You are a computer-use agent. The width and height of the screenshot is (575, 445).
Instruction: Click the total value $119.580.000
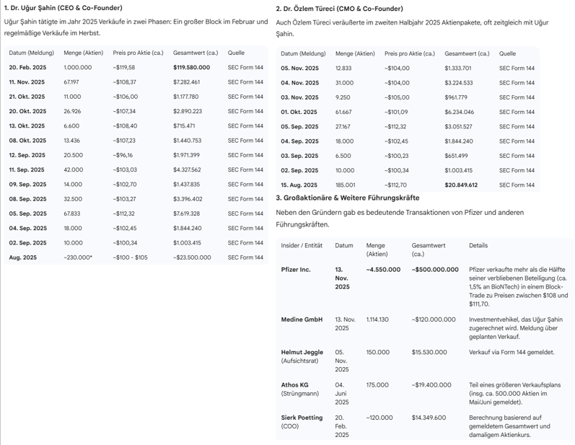(191, 67)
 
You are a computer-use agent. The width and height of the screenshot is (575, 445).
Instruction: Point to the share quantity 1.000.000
(77, 67)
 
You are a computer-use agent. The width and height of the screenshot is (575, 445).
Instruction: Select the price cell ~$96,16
(123, 155)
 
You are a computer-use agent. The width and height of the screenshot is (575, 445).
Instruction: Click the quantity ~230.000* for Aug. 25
(79, 257)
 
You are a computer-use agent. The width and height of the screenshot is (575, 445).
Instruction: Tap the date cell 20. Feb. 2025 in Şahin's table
(27, 67)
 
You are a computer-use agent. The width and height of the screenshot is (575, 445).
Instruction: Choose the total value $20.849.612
(461, 185)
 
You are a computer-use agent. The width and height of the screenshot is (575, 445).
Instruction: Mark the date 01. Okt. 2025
(299, 112)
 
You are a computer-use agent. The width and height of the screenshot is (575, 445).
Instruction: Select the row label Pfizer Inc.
(296, 269)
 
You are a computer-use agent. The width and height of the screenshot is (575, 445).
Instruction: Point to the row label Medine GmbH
(302, 319)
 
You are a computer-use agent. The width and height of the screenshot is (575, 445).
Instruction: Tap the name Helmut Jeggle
(302, 352)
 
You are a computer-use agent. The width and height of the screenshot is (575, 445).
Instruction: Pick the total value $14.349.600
(429, 418)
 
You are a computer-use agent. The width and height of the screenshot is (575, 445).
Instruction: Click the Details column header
(478, 245)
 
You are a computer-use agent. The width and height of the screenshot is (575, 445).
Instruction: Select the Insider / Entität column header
(302, 245)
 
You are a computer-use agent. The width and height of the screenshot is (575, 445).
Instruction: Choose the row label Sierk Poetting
(302, 418)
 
